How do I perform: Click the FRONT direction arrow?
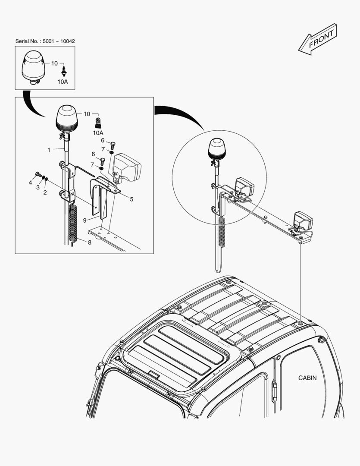pos(317,40)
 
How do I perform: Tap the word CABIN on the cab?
pos(307,378)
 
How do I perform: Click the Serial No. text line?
pos(45,41)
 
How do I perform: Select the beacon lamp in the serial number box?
pos(33,68)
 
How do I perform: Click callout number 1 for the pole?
pos(49,150)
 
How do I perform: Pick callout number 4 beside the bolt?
pos(30,183)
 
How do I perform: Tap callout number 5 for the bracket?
pos(131,199)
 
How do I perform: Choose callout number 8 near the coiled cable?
pos(89,242)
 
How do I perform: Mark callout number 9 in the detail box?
pos(85,220)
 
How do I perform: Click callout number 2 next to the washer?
pos(45,192)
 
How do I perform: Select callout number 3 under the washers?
pos(38,188)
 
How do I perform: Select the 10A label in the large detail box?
pos(98,133)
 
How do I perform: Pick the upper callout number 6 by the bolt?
pos(103,140)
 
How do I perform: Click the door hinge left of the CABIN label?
pos(274,389)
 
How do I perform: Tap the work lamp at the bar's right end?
pos(303,221)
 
